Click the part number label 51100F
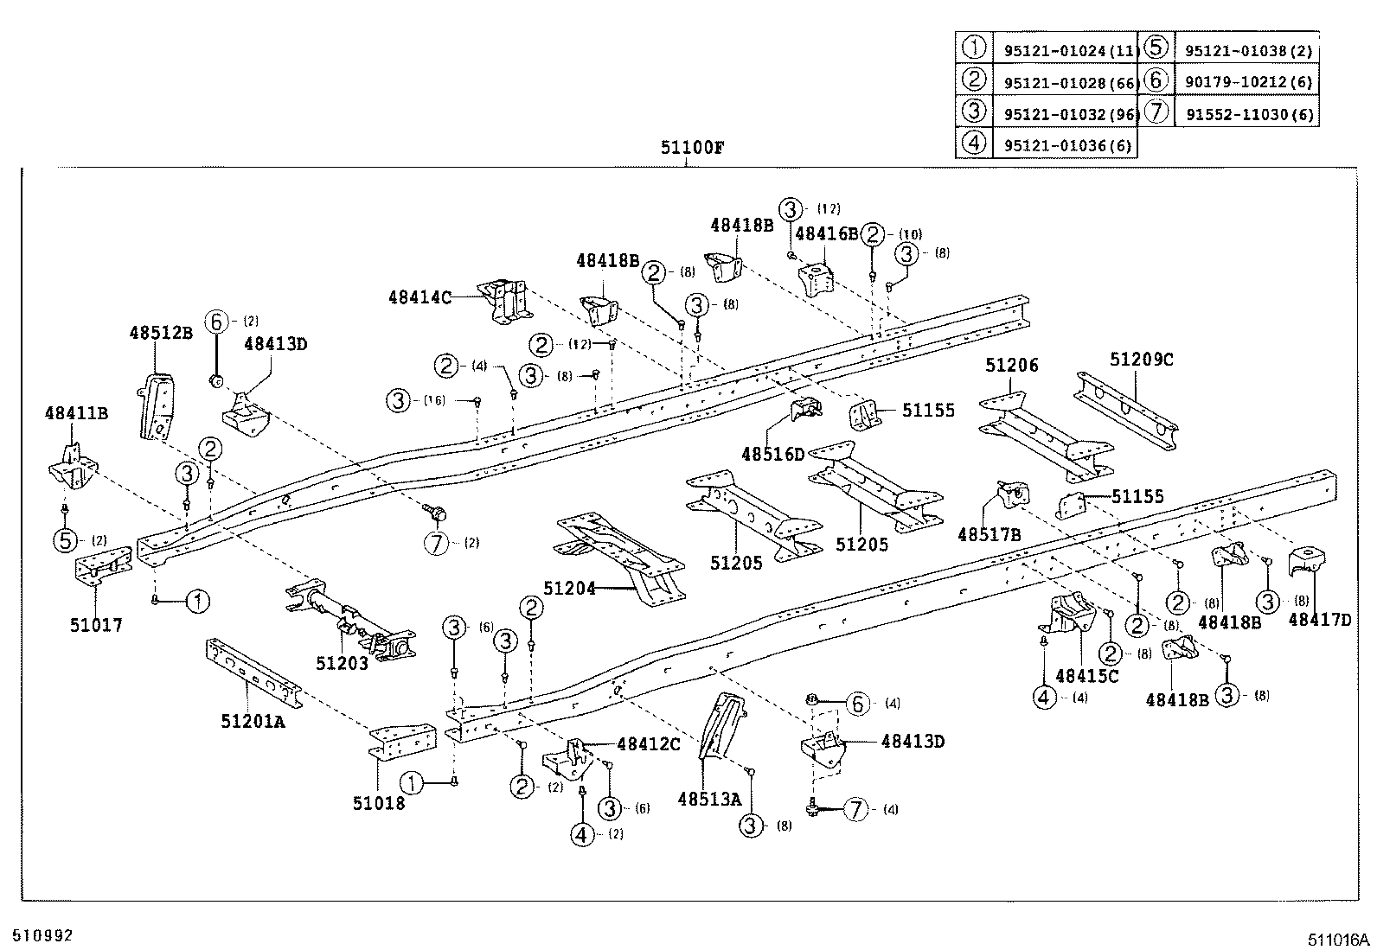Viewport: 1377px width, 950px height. click(693, 147)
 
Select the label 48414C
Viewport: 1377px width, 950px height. click(420, 297)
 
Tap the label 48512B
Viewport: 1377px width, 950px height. click(161, 332)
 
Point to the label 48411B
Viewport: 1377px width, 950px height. click(76, 414)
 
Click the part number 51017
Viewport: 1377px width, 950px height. click(96, 625)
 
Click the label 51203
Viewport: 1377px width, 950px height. click(343, 663)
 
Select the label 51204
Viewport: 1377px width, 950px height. click(570, 589)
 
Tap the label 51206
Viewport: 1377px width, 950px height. click(1011, 367)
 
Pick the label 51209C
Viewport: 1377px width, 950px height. click(1142, 360)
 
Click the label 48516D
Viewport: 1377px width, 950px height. click(772, 454)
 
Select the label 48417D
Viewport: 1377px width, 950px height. click(1319, 619)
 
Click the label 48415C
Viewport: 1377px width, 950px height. click(1087, 676)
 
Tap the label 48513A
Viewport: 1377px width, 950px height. click(709, 800)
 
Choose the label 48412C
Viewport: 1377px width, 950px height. click(649, 743)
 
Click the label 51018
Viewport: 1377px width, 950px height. click(378, 803)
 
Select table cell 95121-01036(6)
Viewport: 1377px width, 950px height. click(1067, 146)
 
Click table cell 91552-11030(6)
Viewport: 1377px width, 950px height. click(1248, 114)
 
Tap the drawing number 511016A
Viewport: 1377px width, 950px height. click(1339, 940)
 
